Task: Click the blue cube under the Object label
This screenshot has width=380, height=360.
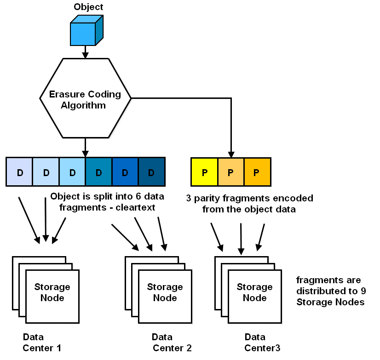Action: click(84, 31)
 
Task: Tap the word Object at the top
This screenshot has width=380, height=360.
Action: click(88, 7)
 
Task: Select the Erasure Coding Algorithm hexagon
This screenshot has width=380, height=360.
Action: click(86, 98)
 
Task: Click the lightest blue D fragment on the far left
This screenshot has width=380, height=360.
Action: click(19, 172)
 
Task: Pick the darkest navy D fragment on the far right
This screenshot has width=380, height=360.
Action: click(151, 172)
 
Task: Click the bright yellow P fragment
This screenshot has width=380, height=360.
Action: click(204, 172)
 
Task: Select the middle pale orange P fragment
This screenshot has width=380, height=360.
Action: click(230, 172)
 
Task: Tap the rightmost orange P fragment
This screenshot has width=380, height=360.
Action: click(257, 172)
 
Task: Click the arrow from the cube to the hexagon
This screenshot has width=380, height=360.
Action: click(85, 52)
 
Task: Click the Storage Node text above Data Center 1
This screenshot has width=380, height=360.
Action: click(52, 292)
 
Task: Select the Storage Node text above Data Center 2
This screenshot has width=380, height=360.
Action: click(165, 292)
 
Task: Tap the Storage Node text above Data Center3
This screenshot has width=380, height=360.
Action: click(254, 292)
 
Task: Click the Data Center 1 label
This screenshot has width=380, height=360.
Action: click(41, 343)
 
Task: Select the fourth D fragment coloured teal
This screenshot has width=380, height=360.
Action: click(98, 172)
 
